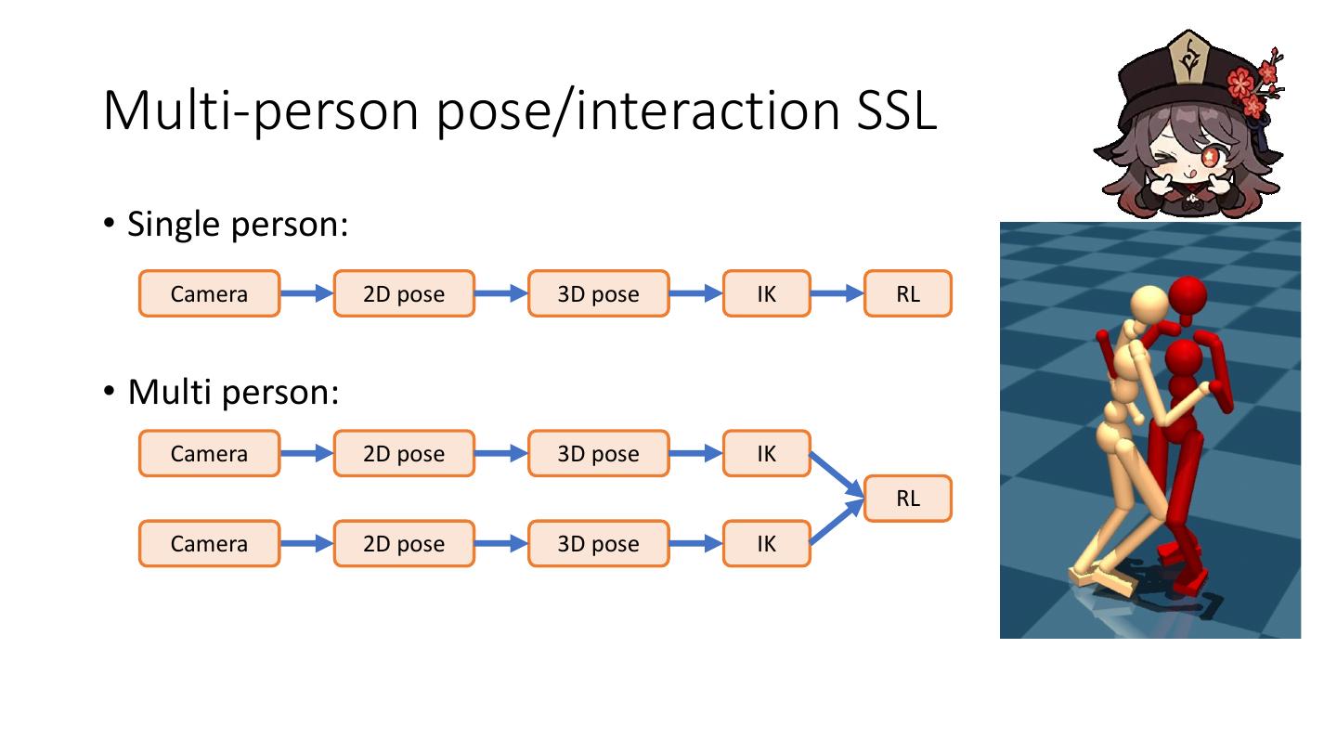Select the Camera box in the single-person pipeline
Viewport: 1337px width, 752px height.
click(209, 293)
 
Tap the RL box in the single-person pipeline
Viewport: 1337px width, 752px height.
click(907, 293)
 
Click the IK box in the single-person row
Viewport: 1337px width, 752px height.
click(766, 293)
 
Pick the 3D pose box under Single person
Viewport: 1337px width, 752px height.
click(598, 293)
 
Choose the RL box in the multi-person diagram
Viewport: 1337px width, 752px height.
click(907, 499)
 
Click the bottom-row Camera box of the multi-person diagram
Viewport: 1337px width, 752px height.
click(209, 543)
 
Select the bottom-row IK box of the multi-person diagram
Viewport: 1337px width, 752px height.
click(766, 543)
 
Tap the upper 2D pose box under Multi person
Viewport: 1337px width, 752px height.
click(403, 453)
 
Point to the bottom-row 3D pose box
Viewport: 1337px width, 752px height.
click(598, 543)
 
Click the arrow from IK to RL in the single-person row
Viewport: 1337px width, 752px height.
click(837, 293)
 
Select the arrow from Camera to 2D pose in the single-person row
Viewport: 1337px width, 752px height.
click(305, 293)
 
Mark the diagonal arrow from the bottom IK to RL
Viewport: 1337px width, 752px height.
click(837, 522)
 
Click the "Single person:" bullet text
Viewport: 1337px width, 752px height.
click(237, 224)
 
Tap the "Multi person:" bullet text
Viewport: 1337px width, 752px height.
click(233, 392)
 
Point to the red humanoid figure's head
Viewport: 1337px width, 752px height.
click(1187, 296)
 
